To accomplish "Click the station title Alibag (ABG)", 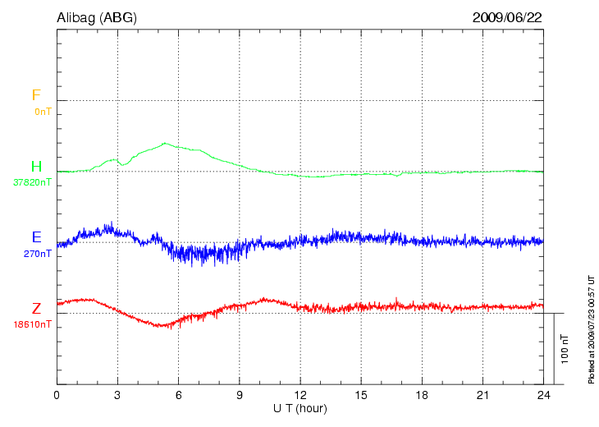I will point(97,16).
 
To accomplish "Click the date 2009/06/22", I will point(506,16).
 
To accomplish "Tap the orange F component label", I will point(35,96).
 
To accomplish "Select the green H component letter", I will point(36,168).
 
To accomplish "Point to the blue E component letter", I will point(36,237).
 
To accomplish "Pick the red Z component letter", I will point(36,309).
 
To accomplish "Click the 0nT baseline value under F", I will point(42,111).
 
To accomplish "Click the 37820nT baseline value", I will point(32,182).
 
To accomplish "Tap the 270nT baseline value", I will point(38,253).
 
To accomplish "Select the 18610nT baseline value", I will point(32,324).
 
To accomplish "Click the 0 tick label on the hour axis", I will point(57,395).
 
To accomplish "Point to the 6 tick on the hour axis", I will point(178,395).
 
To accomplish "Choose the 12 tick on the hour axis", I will point(299,395).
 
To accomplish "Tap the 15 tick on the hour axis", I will point(360,395).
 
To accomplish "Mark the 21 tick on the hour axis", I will point(482,395).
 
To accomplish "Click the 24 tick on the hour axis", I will point(542,395).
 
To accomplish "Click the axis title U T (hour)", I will point(299,408).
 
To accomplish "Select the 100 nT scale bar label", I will point(565,349).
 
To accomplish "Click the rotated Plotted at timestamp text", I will point(591,328).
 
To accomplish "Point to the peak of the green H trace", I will point(165,143).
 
